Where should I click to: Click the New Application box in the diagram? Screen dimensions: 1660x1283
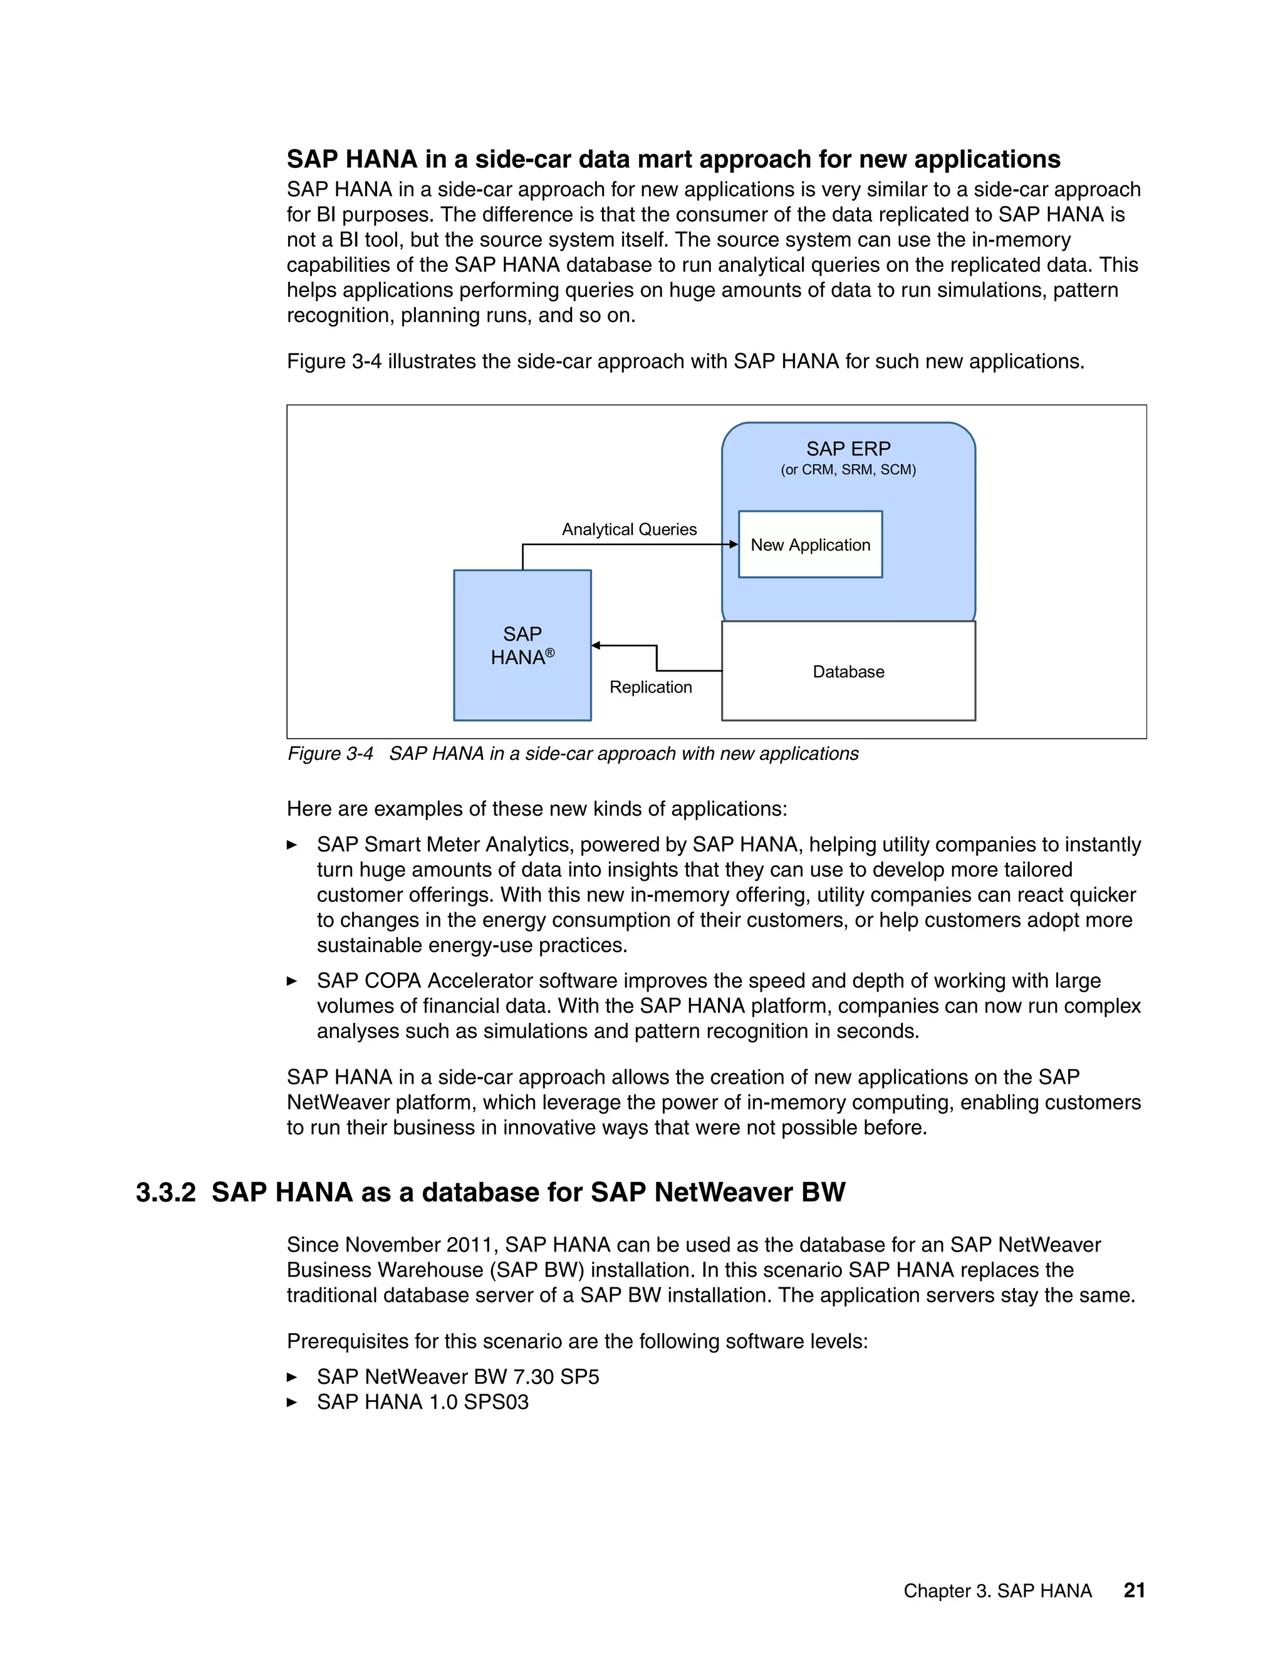tap(809, 544)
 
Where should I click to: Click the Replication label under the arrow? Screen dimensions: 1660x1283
tap(651, 687)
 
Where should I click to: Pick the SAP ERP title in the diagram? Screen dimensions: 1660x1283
tap(848, 449)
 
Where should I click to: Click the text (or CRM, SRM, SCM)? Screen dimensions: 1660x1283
tap(848, 470)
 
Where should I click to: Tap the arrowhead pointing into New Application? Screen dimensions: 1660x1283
tap(734, 544)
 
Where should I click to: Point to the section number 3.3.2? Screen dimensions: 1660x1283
tap(165, 1192)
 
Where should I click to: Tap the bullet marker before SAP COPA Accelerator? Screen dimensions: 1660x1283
tap(292, 981)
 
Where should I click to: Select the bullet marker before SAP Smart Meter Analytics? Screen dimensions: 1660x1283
tap(292, 845)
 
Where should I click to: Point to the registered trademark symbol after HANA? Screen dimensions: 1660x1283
tap(550, 652)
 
